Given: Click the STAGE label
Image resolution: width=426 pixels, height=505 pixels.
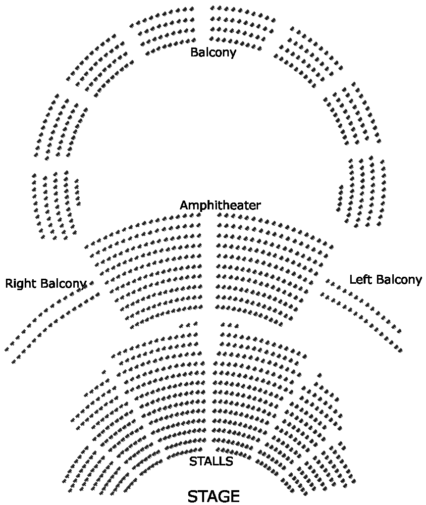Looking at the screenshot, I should pyautogui.click(x=213, y=496).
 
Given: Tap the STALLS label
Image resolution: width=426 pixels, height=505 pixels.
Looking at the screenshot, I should pyautogui.click(x=211, y=461).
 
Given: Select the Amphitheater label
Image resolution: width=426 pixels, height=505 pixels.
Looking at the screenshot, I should pyautogui.click(x=220, y=205).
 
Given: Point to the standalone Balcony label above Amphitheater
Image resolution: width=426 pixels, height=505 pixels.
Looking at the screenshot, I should pyautogui.click(x=213, y=52).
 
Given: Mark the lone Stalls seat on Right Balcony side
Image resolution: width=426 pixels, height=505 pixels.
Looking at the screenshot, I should pyautogui.click(x=104, y=372).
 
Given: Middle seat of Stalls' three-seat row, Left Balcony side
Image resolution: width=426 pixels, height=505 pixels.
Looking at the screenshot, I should pyautogui.click(x=230, y=325).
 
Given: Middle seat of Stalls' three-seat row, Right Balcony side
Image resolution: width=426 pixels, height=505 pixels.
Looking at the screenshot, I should pyautogui.click(x=188, y=325).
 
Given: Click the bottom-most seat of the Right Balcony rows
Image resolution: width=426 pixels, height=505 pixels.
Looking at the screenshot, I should pyautogui.click(x=13, y=362).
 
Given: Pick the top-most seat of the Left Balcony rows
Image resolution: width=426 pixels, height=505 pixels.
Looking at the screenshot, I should pyautogui.click(x=327, y=281).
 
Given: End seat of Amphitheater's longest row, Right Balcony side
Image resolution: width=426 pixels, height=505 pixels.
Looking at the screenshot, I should pyautogui.click(x=87, y=246).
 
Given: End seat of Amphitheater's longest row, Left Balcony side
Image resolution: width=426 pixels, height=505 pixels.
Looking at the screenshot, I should pyautogui.click(x=331, y=245).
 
